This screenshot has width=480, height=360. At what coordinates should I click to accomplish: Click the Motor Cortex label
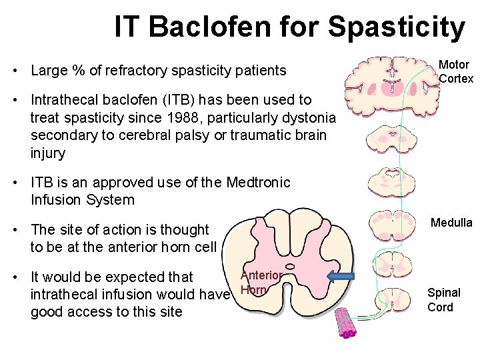coord(455,71)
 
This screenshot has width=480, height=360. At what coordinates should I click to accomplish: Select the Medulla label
coord(451,223)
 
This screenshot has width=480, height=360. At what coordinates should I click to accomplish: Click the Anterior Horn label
coord(261,282)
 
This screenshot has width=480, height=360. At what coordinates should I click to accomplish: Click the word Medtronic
coord(259,183)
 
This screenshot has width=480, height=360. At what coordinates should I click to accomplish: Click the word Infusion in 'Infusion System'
coord(55,200)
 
